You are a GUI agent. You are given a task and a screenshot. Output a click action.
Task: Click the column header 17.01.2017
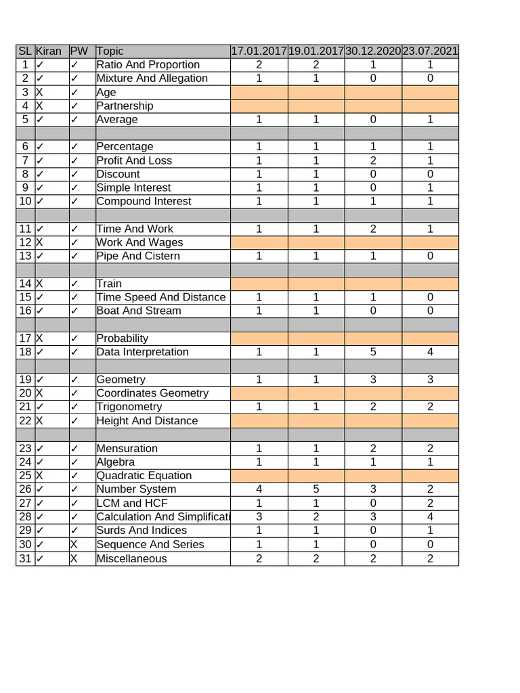(259, 51)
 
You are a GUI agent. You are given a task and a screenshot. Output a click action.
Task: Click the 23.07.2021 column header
(430, 51)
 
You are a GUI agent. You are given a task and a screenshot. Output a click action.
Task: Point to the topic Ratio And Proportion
(148, 65)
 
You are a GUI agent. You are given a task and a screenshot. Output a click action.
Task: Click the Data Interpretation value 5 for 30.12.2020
(373, 352)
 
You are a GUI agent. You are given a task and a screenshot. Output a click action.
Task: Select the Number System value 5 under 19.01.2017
(316, 489)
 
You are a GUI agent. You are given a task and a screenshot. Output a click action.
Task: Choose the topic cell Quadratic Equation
(144, 476)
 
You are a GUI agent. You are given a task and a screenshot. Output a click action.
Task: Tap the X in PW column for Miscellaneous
(74, 559)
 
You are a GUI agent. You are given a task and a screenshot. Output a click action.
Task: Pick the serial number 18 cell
(25, 352)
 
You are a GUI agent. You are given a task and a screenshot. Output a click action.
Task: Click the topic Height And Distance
(147, 421)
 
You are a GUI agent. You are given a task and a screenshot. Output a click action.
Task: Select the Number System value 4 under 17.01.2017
(259, 489)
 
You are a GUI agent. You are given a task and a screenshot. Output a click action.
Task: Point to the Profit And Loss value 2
(373, 160)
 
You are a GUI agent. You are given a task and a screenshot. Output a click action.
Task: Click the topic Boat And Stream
(139, 311)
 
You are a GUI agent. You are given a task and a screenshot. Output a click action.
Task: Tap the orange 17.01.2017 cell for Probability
(259, 338)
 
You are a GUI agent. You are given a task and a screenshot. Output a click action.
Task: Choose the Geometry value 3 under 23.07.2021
(430, 380)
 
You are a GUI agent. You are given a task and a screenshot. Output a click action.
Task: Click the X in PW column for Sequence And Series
(74, 545)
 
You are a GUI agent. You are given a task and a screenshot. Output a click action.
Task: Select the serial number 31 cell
(25, 559)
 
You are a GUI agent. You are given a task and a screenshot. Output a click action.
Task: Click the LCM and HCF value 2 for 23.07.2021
(430, 504)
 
